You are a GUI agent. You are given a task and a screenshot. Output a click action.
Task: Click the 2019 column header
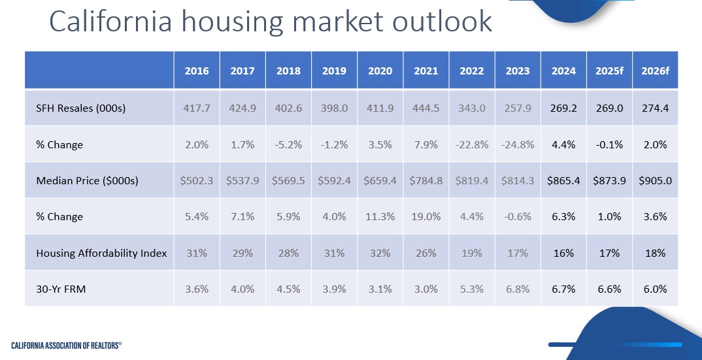tap(334, 71)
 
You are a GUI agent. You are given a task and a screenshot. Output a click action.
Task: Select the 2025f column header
tap(609, 71)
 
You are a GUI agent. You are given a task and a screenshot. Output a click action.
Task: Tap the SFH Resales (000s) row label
tap(80, 108)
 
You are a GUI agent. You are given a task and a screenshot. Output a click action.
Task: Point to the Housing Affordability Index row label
tap(101, 253)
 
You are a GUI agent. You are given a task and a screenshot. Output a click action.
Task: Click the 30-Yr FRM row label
tap(61, 289)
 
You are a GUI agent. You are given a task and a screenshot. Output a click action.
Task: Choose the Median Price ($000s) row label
tap(87, 181)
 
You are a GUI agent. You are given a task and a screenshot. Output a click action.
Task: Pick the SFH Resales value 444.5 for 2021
tap(426, 108)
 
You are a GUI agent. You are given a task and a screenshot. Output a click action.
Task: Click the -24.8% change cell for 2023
tap(518, 144)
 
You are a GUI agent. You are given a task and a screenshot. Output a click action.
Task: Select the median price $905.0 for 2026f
tap(655, 181)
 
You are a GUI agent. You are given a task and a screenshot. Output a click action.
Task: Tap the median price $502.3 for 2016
tap(197, 181)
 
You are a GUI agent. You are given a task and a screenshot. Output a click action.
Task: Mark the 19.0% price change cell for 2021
tap(426, 217)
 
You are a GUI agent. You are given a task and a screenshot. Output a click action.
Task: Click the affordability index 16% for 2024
tap(563, 253)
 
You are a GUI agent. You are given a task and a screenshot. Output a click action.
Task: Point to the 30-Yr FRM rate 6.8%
tap(518, 289)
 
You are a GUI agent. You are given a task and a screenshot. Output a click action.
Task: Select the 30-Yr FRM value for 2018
tap(288, 289)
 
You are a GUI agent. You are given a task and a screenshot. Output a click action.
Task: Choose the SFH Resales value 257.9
tap(518, 108)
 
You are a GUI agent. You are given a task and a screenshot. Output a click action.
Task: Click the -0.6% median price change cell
tap(518, 217)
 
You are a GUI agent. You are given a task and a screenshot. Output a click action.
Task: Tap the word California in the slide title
tap(109, 22)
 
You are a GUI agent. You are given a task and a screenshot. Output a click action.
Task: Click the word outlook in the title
tap(442, 22)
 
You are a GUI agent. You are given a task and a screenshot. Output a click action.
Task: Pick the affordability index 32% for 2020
tap(380, 253)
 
